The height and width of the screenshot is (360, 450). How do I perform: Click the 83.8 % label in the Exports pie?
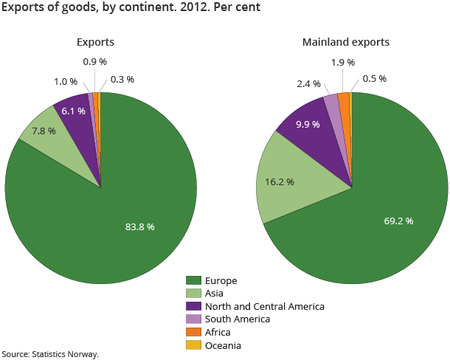(139, 226)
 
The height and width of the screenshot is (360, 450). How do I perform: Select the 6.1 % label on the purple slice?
(73, 111)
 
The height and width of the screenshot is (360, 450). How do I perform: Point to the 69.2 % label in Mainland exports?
(398, 221)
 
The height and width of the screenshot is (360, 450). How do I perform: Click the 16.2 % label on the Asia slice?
(280, 181)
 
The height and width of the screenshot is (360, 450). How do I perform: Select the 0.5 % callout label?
(374, 79)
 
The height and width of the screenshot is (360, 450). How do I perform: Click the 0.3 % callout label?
(122, 79)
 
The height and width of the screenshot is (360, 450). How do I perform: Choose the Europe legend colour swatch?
(194, 280)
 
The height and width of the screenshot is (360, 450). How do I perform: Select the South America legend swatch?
(194, 319)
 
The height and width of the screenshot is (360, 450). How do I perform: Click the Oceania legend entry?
(224, 345)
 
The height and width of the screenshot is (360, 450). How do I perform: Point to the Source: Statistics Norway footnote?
(50, 354)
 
